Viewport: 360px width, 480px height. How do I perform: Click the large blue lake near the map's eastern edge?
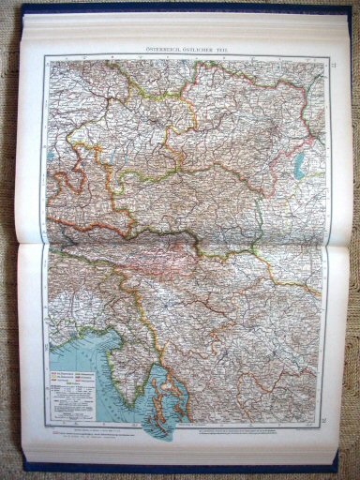[x=298, y=166]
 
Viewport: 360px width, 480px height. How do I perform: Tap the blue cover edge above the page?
[x=187, y=7]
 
